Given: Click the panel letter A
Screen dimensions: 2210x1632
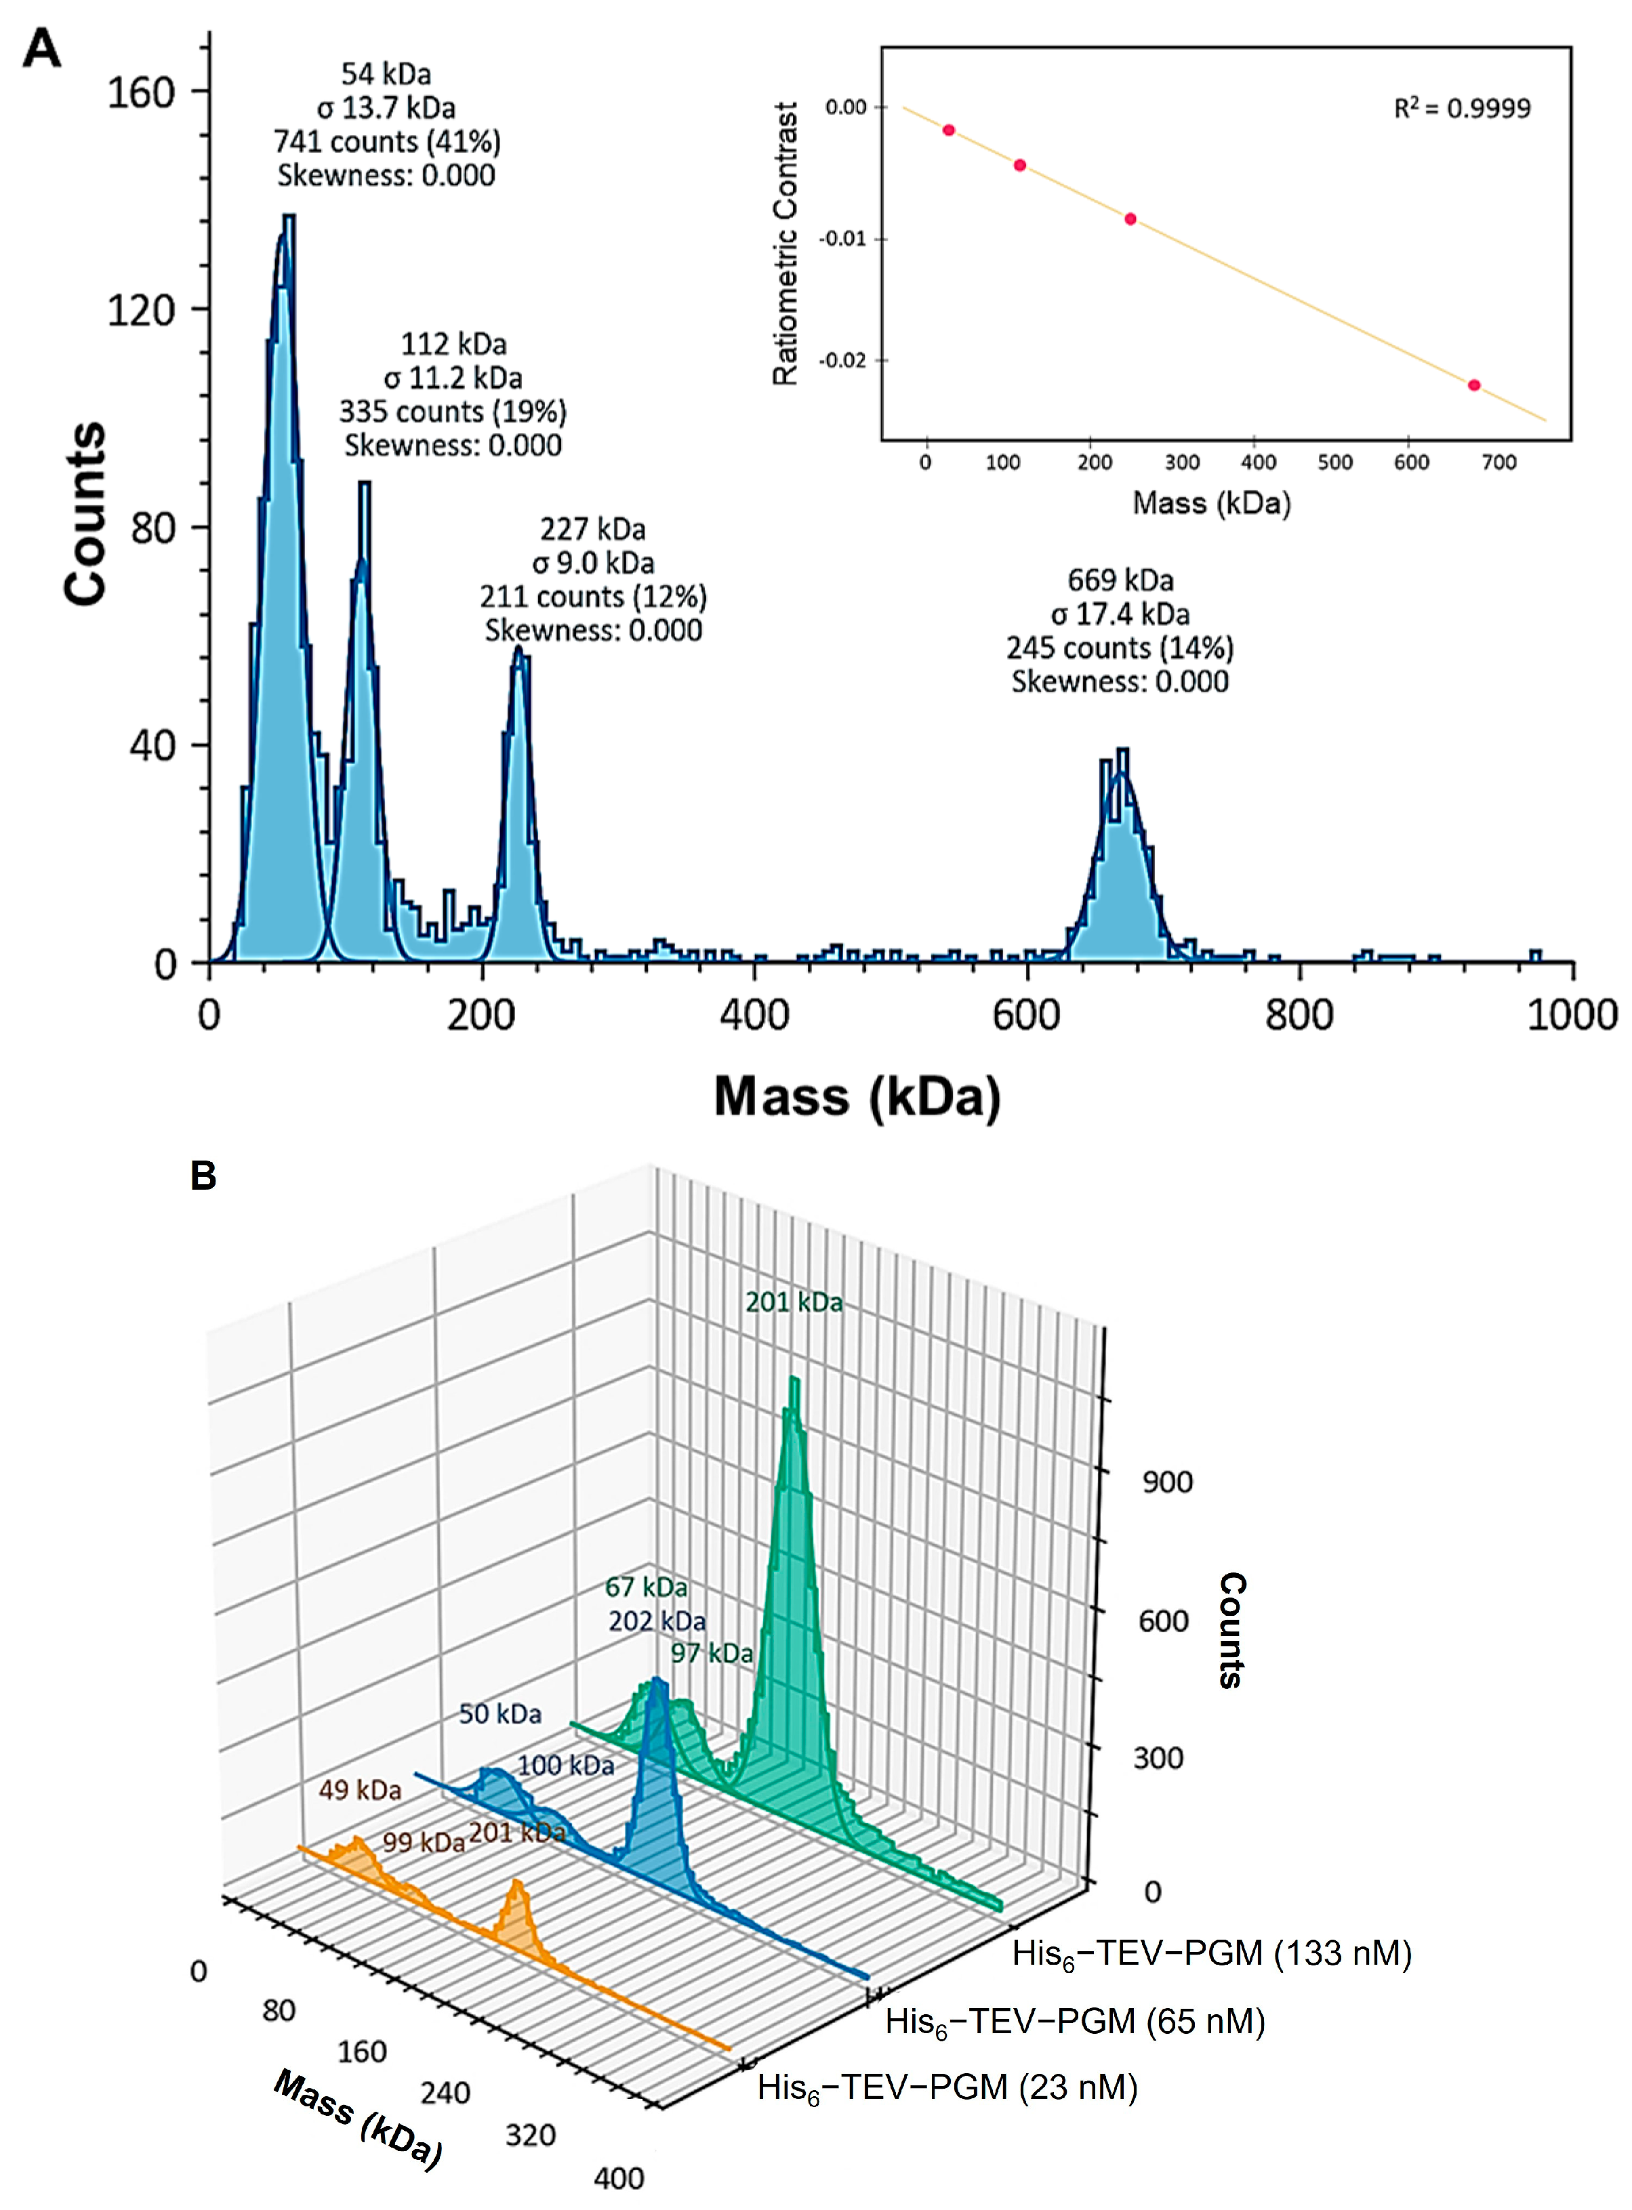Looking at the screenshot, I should (41, 47).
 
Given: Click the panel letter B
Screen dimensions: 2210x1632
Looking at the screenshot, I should (203, 1175).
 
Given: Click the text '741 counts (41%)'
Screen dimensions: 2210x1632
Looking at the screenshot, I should (386, 141).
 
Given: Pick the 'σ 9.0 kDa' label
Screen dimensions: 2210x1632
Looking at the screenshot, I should (593, 563).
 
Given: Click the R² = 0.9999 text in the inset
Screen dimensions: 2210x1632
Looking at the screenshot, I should (1461, 108).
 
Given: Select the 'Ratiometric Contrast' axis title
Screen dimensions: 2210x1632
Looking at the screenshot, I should (786, 243).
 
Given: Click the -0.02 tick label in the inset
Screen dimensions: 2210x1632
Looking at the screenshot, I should (842, 360).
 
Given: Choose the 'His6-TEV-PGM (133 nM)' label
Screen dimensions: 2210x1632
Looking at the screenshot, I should (1211, 1953).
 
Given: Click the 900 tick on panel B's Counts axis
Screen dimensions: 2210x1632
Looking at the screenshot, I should (1166, 1482).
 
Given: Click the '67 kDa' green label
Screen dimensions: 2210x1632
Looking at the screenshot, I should (646, 1587).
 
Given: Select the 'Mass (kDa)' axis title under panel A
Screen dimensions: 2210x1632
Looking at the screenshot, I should (857, 1097).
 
